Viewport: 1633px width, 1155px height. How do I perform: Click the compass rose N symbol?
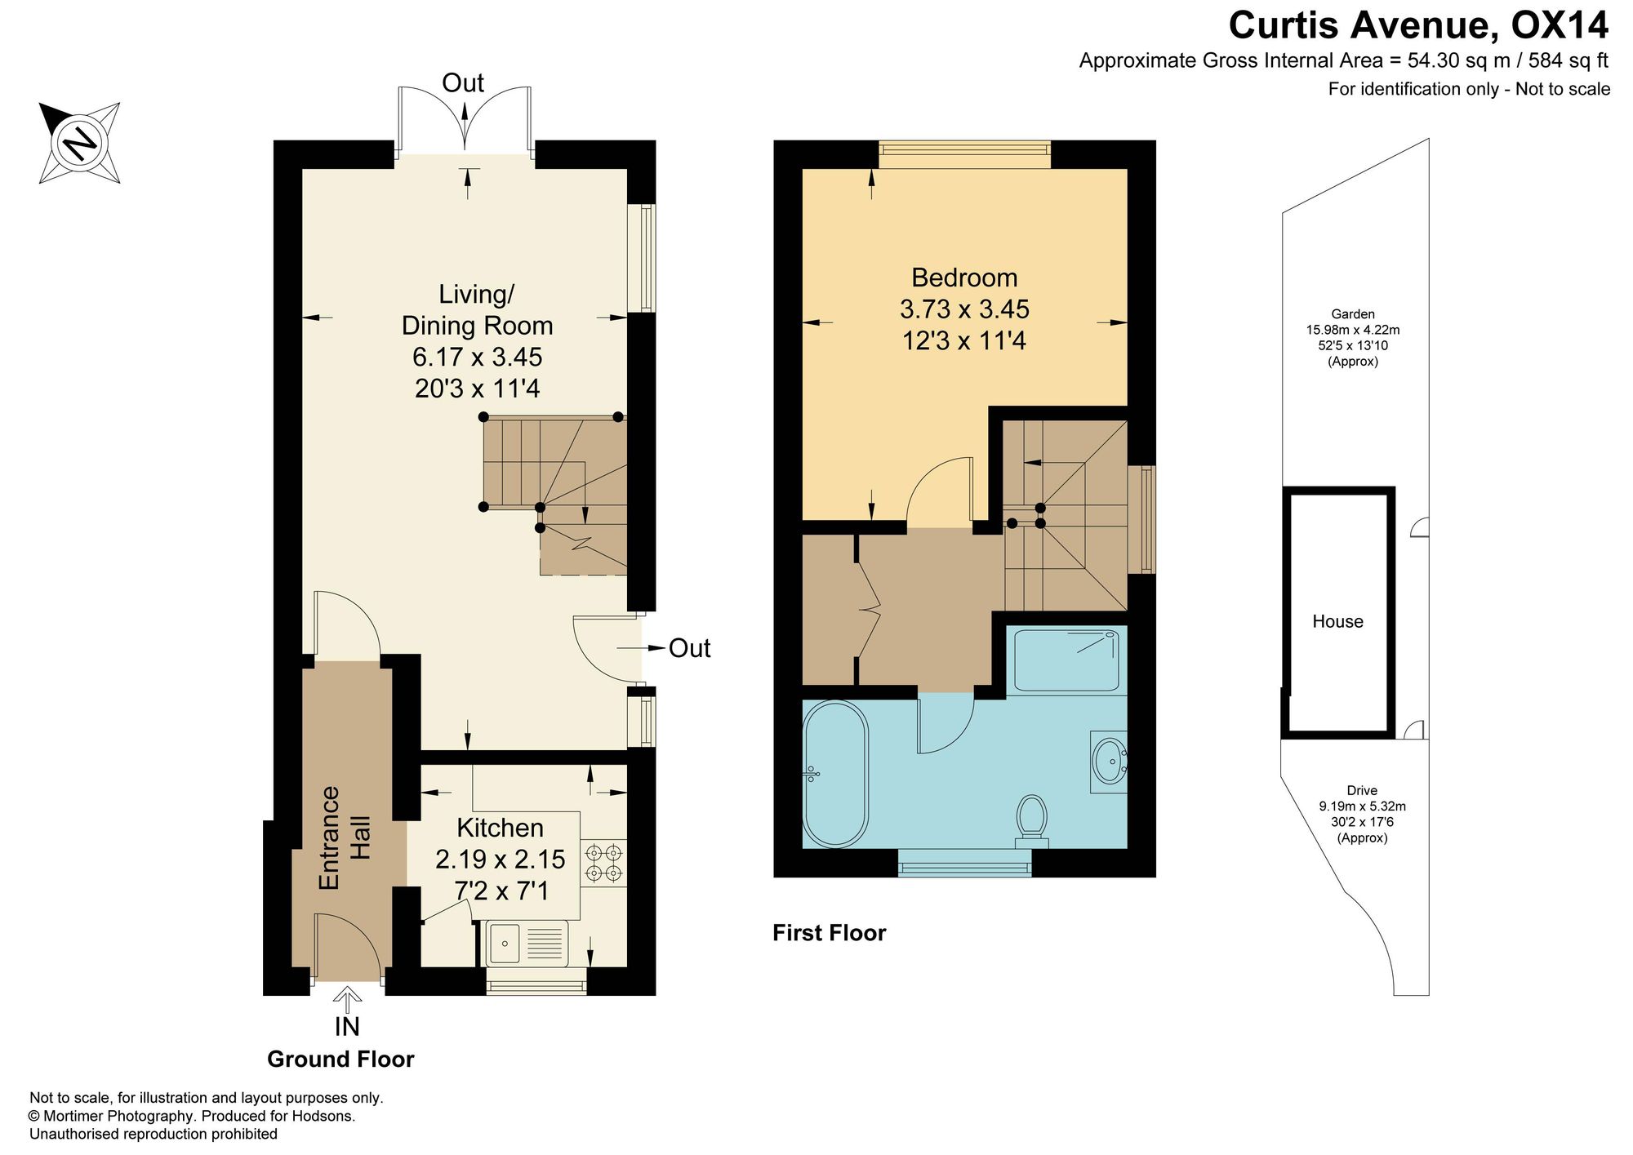pos(80,143)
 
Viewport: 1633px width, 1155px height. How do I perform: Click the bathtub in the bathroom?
pos(835,774)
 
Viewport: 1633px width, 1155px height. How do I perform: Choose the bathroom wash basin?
pos(1110,762)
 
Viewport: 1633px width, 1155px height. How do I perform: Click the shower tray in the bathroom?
pos(1066,660)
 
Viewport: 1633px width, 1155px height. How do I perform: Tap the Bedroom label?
pos(964,278)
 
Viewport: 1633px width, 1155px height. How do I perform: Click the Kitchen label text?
pos(500,828)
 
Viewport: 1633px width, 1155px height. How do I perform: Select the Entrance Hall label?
pos(344,838)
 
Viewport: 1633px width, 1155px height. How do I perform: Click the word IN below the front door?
pos(347,1026)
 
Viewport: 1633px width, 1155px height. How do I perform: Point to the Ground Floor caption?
pos(340,1059)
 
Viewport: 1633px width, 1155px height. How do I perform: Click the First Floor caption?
pos(829,933)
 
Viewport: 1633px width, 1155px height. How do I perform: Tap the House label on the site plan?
pos(1337,621)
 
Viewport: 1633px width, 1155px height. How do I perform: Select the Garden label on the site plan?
pos(1353,313)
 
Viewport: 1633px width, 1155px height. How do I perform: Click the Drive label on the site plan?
pos(1362,790)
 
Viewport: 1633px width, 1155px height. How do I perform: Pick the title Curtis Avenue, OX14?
pos(1419,25)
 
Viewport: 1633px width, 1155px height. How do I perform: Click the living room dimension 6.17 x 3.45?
pos(478,357)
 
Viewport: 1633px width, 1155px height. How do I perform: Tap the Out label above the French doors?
pos(463,82)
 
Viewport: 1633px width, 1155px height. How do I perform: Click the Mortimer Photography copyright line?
pos(192,1116)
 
